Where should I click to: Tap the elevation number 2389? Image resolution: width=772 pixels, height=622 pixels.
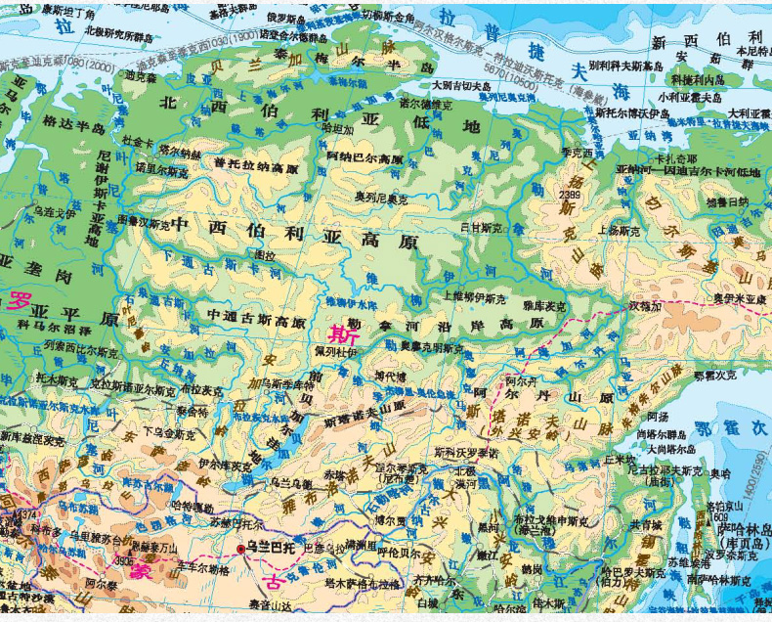571,195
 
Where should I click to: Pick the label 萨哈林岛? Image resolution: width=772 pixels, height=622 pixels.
738,529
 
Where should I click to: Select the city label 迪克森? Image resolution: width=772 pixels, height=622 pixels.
140,75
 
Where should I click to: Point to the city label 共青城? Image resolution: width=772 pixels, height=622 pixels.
646,524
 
